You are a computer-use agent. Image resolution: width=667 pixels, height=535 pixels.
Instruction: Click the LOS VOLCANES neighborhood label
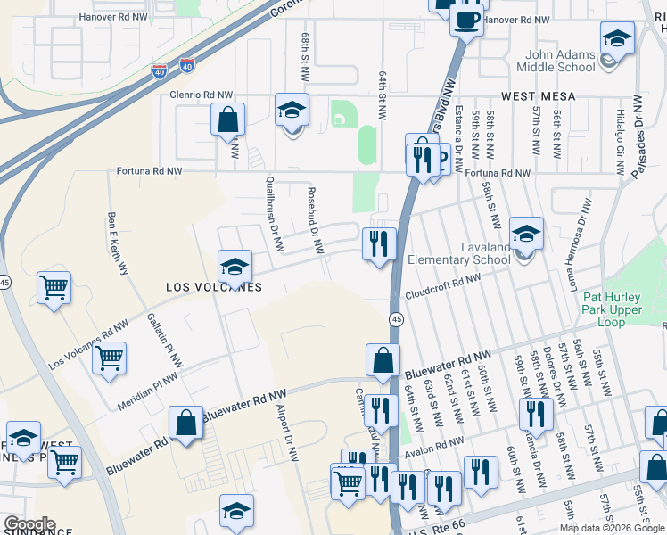pos(214,287)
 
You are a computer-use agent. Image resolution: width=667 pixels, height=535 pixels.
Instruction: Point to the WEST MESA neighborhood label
pos(538,95)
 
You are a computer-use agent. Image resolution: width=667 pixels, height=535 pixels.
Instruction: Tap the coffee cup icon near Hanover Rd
pos(466,19)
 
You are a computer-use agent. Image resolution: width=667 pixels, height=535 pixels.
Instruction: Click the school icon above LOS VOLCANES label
pos(235,266)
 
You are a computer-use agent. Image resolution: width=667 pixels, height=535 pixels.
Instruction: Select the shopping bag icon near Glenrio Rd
pos(228,119)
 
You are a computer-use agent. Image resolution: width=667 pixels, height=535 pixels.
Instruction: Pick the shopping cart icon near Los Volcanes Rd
pos(109,358)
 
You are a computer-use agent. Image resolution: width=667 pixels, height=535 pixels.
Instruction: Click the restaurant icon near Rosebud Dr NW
pos(379,243)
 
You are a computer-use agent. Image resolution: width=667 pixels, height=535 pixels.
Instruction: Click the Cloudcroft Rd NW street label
pos(442,286)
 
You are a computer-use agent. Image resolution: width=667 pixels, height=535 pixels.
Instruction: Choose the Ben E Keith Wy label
pos(118,242)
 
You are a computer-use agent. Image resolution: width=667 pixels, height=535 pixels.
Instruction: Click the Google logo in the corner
pos(29,524)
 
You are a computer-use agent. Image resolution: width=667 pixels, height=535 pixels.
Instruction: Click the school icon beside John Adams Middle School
pos(615,40)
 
